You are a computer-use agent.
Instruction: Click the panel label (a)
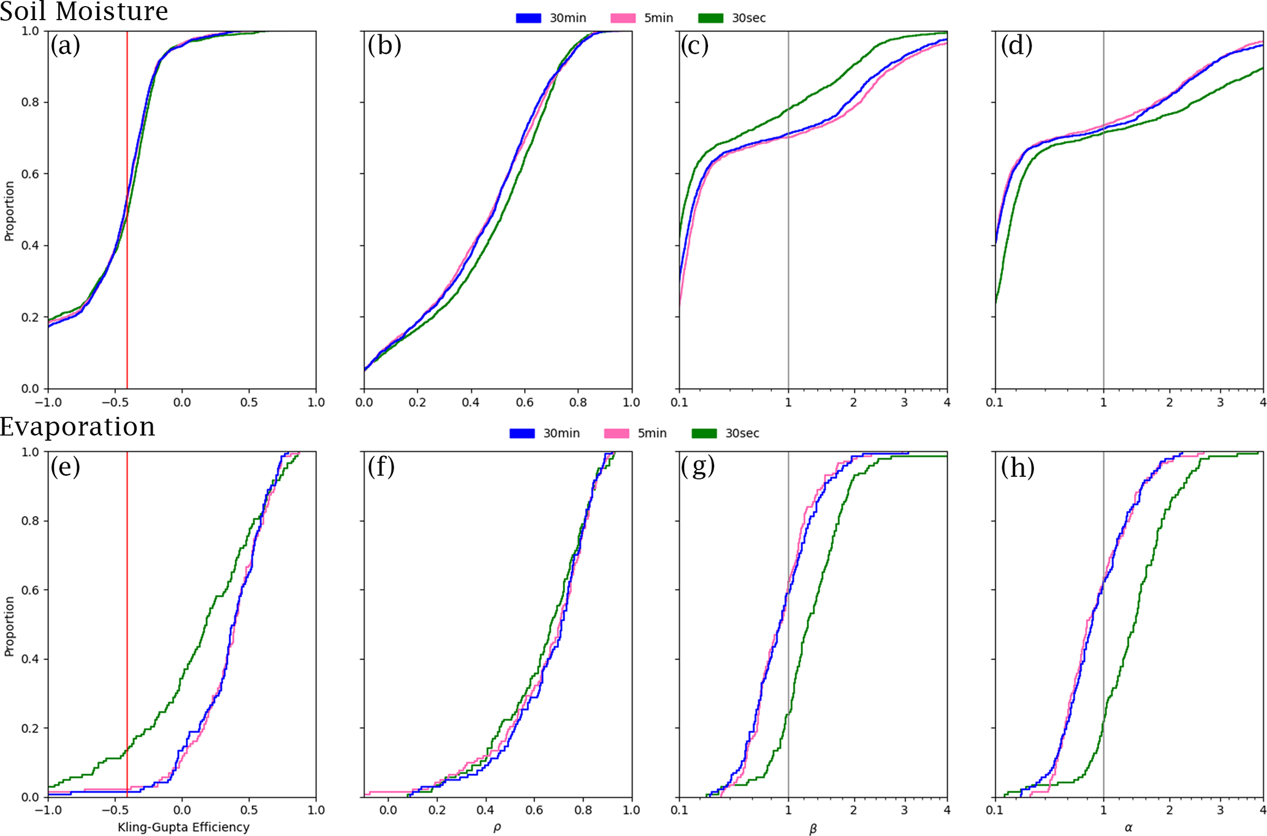pos(65,45)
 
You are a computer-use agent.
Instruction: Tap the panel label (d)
pos(1016,45)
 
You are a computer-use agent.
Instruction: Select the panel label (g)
pos(698,467)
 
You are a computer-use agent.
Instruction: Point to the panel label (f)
pos(381,467)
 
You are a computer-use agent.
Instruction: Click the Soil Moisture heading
pos(84,11)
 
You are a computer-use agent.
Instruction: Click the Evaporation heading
pos(78,427)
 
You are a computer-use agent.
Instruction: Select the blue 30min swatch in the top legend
pos(528,18)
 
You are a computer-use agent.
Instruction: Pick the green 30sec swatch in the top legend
pos(710,18)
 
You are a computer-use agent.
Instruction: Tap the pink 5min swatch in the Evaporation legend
pos(616,433)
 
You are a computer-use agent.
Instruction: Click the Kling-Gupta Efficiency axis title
pos(183,827)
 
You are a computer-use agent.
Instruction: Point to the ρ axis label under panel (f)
pos(497,827)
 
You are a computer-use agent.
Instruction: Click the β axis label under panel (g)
pos(813,829)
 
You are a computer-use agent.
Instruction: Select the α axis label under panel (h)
pos(1128,827)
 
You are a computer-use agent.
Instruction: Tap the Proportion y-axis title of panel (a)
pos(9,211)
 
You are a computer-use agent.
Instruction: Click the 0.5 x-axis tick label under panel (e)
pos(249,810)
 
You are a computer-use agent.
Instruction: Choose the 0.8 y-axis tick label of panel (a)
pos(30,102)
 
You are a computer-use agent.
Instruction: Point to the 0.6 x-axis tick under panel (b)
pos(525,402)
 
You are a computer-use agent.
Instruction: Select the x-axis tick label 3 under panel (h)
pos(1220,810)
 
